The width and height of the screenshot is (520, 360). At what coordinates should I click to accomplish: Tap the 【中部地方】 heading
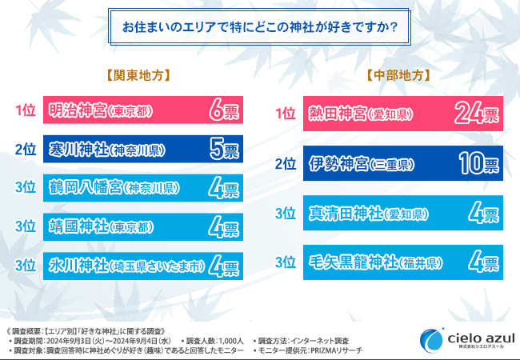point(400,76)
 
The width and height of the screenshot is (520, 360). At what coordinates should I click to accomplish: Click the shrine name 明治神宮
point(76,111)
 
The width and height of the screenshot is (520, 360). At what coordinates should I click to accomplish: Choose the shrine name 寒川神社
point(76,150)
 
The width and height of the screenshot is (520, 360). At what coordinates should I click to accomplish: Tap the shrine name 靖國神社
point(76,226)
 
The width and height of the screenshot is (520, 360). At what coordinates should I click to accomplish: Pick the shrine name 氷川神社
point(76,265)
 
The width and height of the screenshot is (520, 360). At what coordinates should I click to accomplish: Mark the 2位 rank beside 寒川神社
point(25,150)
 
